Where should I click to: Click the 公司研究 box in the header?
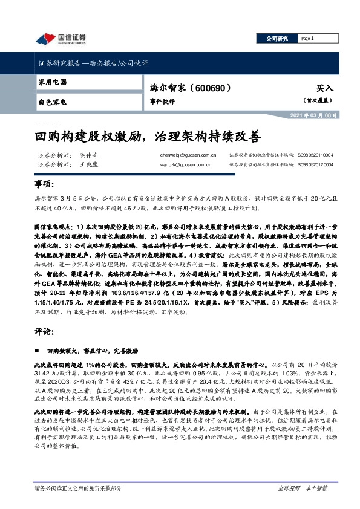tap(278, 39)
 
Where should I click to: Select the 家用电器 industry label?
tap(52, 82)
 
